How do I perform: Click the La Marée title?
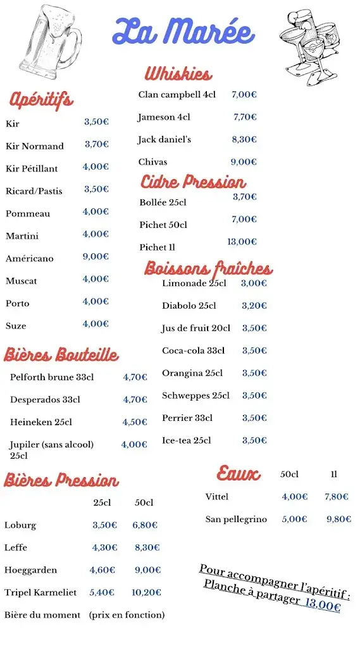click(x=183, y=32)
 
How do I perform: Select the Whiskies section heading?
click(x=178, y=74)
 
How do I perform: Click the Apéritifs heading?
click(x=41, y=99)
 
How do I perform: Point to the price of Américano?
click(x=96, y=257)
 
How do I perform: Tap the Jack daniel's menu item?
click(x=164, y=140)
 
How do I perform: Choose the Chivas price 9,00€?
click(x=244, y=162)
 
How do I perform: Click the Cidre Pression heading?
click(x=193, y=182)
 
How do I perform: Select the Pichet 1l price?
click(x=242, y=242)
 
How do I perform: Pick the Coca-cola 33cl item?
click(x=193, y=351)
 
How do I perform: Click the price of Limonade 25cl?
click(x=254, y=283)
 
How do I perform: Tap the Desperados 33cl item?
click(x=45, y=400)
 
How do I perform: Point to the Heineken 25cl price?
click(x=135, y=422)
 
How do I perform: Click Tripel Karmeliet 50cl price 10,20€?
click(x=146, y=593)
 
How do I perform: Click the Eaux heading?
click(x=239, y=473)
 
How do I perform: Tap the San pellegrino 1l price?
click(x=339, y=520)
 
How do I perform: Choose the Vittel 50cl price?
click(x=295, y=497)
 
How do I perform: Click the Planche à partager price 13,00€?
click(x=323, y=606)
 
